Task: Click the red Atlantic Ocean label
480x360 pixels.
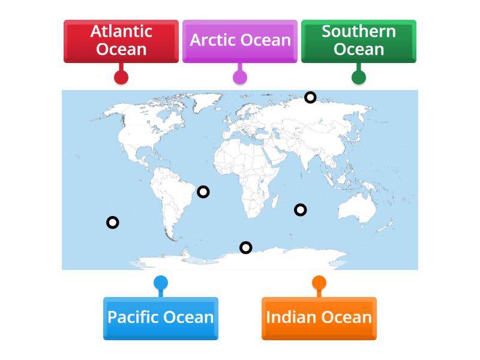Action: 121,41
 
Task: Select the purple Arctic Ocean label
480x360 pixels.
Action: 240,41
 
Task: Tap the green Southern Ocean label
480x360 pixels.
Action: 358,41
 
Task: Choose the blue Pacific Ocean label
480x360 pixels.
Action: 160,318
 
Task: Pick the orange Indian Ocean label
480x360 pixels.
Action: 319,318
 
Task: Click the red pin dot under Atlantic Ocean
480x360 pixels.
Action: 121,77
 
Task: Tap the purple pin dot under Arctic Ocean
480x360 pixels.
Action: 240,77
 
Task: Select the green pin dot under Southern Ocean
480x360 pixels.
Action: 359,77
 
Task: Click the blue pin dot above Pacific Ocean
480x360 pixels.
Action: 160,283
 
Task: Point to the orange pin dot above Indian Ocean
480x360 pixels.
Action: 319,283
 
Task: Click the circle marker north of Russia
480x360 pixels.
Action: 310,97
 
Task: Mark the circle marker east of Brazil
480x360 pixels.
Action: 203,192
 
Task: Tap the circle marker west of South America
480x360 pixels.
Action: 112,223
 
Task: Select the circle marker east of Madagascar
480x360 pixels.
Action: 300,209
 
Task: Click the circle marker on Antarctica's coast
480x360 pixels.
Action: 245,247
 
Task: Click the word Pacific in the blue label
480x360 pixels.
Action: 136,318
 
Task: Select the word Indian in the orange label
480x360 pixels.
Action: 292,318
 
